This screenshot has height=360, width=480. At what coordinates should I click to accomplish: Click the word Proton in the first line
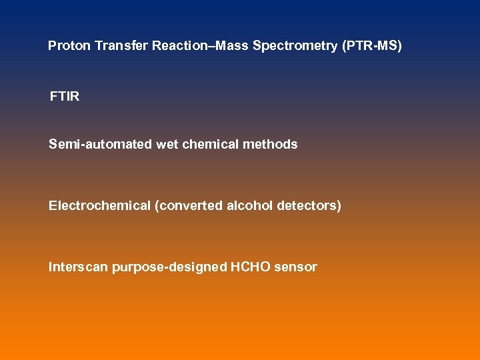69,46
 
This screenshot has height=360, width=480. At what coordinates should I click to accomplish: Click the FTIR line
64,97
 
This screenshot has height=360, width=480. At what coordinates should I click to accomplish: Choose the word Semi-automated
100,144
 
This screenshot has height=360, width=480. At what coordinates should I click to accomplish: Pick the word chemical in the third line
210,144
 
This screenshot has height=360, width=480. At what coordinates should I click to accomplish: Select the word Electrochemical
99,206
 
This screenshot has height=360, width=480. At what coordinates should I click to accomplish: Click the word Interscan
78,267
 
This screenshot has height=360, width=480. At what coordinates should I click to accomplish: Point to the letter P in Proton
52,46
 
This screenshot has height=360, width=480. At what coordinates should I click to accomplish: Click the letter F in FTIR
53,97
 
